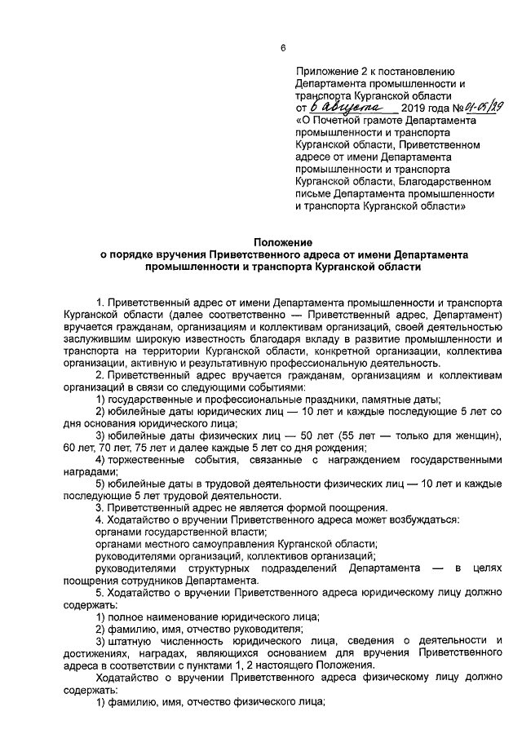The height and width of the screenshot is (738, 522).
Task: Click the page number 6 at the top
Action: point(283,48)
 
